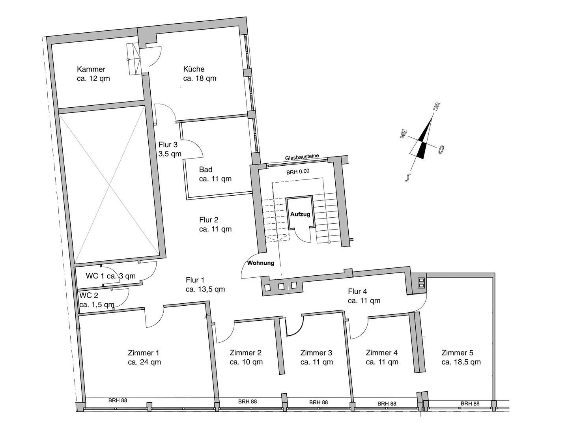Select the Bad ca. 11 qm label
click(215, 174)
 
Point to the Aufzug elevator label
click(301, 214)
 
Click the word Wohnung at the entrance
click(261, 263)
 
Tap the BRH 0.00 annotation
click(298, 171)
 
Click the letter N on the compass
click(437, 106)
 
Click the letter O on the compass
click(441, 149)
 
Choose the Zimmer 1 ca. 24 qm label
click(144, 357)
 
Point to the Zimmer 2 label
click(245, 353)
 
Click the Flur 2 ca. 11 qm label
click(215, 224)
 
